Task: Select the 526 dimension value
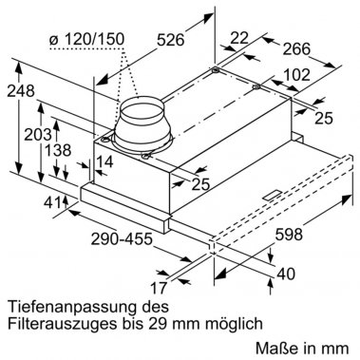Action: [170, 66]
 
